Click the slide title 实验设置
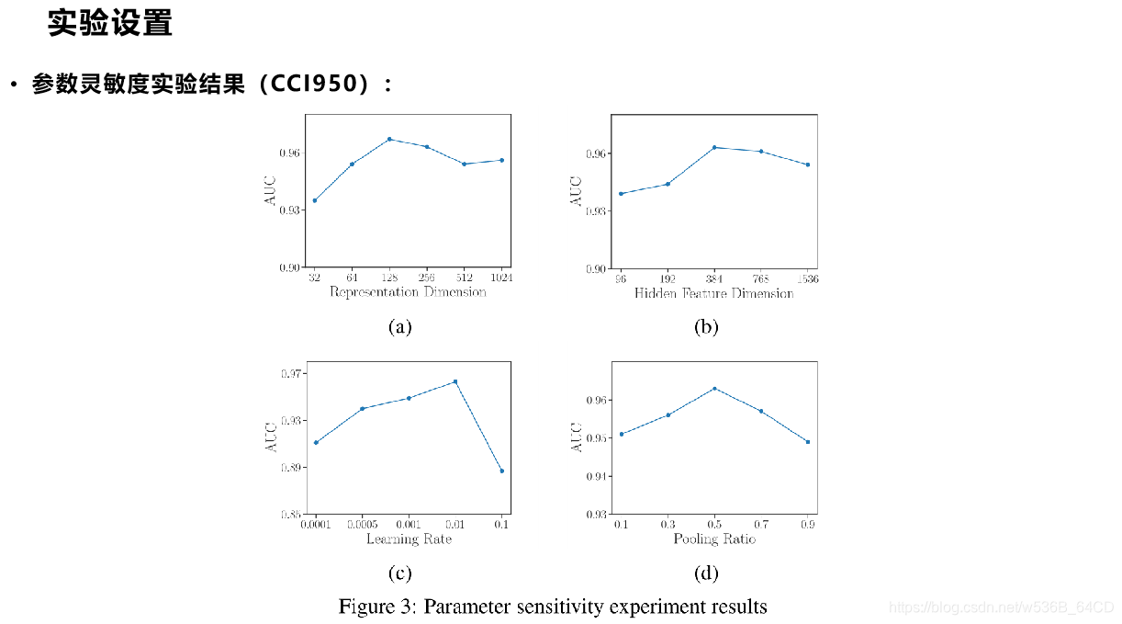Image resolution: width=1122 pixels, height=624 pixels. click(x=110, y=24)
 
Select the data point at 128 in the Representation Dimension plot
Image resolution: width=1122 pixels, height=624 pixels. click(x=389, y=139)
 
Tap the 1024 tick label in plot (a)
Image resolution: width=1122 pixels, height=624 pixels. click(x=501, y=278)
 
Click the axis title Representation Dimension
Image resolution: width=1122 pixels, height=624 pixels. click(x=408, y=292)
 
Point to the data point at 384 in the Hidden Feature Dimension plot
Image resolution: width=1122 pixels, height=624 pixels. click(x=714, y=147)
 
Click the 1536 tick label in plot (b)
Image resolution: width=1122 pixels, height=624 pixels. click(x=808, y=278)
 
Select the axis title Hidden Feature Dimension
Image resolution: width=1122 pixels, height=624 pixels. click(x=713, y=293)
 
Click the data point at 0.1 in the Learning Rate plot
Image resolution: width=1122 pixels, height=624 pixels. click(x=501, y=471)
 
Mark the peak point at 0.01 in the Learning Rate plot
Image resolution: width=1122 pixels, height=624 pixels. click(x=455, y=381)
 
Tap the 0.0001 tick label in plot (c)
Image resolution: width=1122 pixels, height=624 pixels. click(x=315, y=524)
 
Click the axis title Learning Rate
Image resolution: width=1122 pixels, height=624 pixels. click(x=409, y=539)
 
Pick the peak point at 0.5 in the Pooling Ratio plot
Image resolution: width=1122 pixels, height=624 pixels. click(x=714, y=389)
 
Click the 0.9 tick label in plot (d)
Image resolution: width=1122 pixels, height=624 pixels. click(x=808, y=524)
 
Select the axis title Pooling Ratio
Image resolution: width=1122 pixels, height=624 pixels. click(x=713, y=539)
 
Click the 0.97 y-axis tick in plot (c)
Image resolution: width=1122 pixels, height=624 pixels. click(x=292, y=373)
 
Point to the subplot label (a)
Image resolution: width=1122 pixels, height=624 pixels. click(x=399, y=326)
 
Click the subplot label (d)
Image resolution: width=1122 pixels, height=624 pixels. click(x=706, y=573)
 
